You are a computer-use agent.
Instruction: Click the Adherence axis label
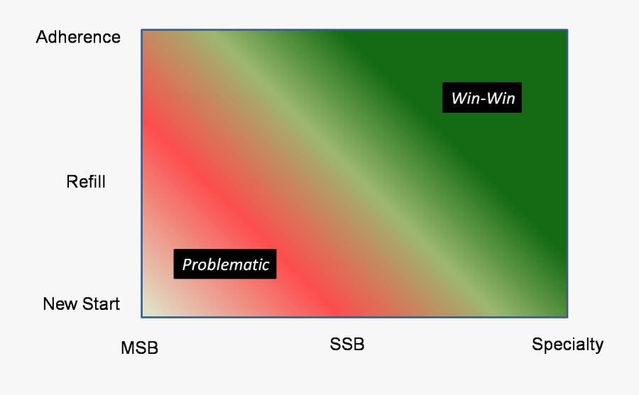78,37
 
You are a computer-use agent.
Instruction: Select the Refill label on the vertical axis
86,182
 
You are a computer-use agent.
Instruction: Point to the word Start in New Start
100,304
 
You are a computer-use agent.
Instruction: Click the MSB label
139,347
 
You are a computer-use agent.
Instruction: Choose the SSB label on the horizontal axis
346,344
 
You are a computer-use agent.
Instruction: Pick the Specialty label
568,345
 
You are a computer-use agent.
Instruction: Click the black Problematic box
225,264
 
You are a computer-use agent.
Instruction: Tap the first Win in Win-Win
465,98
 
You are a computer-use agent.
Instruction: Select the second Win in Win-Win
501,98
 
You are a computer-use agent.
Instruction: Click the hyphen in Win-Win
483,100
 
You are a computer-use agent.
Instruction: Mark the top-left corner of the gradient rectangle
142,30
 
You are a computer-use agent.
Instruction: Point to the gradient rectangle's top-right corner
567,30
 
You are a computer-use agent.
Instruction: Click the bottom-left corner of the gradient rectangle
142,317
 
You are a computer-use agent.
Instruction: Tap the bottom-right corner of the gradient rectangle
567,317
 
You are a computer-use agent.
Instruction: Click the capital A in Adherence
42,37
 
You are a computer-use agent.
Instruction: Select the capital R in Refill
72,182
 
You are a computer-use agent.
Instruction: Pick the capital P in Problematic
187,265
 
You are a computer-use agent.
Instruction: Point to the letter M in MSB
128,347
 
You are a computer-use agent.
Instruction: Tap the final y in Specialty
599,347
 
